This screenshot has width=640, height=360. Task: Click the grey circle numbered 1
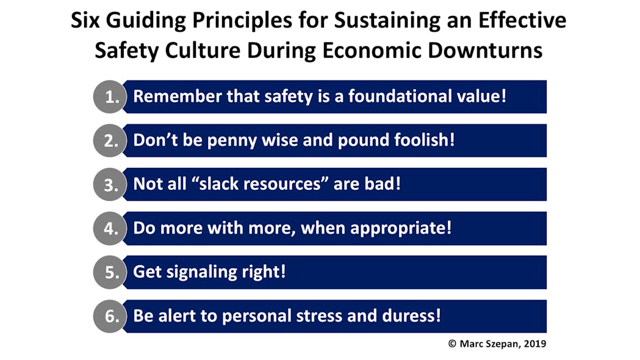(110, 97)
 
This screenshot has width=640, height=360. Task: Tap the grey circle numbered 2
(110, 141)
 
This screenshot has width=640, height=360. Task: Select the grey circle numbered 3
(110, 185)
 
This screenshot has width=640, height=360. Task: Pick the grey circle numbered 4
(110, 229)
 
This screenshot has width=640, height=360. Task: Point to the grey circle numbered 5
(110, 273)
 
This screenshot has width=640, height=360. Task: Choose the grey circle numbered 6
(110, 317)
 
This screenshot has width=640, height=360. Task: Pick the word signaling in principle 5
(208, 272)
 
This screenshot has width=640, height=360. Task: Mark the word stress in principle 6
(337, 316)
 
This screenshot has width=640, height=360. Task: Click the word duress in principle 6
(412, 316)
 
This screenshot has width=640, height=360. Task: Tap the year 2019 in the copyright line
(534, 344)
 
